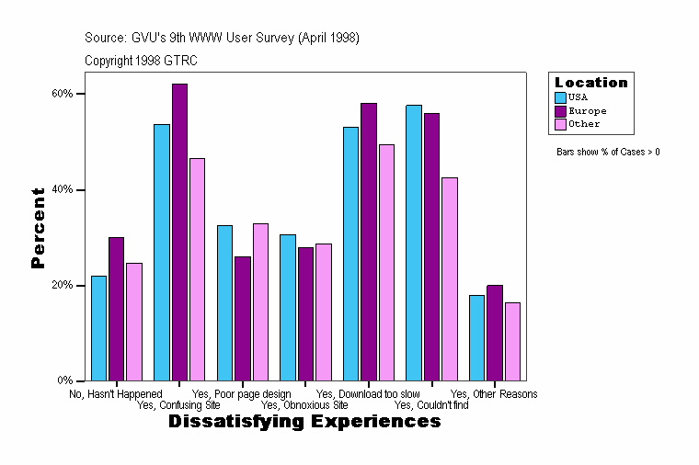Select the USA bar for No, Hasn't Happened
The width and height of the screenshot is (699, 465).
[98, 328]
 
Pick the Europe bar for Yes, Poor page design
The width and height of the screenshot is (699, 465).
[242, 318]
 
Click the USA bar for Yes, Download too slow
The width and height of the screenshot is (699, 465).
[350, 254]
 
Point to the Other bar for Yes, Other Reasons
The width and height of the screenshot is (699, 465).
[512, 341]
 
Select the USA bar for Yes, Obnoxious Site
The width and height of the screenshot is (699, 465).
[288, 307]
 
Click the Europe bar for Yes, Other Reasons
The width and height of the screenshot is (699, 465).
[495, 333]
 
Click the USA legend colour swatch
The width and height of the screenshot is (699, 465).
[560, 96]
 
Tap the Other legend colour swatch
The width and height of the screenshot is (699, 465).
[560, 124]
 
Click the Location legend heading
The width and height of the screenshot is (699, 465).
[591, 83]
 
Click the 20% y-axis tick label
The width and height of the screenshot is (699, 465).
[62, 285]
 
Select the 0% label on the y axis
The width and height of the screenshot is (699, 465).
[65, 380]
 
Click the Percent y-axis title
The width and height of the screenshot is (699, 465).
[38, 228]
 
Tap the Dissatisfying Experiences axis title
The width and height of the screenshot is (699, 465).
[304, 422]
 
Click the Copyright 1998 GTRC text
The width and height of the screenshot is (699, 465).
[141, 61]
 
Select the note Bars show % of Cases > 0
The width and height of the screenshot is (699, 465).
[608, 152]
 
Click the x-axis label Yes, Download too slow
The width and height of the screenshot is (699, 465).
[368, 394]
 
